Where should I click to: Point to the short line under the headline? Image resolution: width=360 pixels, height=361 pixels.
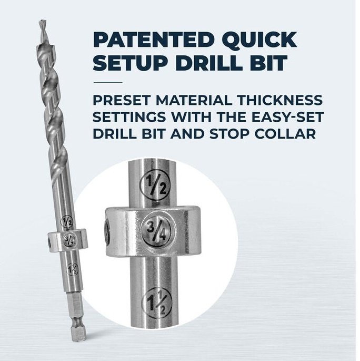pyautogui.click(x=107, y=82)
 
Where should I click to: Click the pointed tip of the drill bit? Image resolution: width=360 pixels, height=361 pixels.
pyautogui.click(x=42, y=24)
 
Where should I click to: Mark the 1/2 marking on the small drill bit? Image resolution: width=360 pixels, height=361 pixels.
pyautogui.click(x=66, y=220)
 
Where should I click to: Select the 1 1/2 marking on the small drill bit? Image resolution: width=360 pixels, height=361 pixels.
pyautogui.click(x=72, y=269)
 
